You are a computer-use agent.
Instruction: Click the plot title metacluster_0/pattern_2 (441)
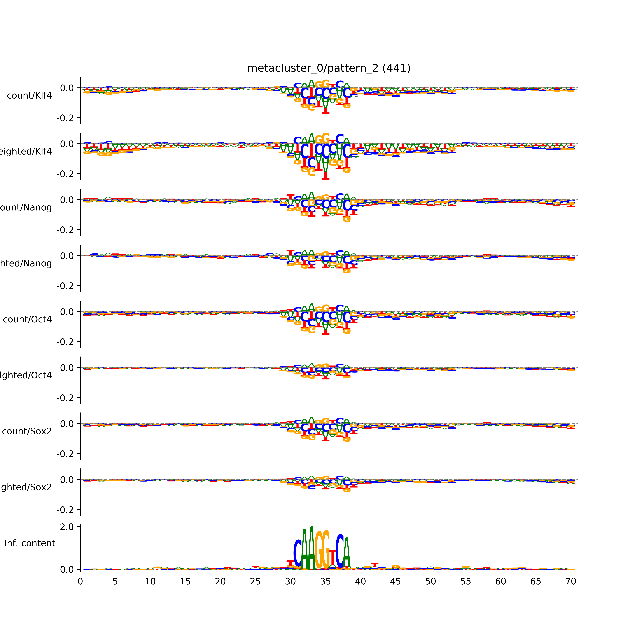coord(329,68)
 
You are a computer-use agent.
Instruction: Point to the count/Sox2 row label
coord(27,431)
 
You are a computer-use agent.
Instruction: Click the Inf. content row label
coord(30,543)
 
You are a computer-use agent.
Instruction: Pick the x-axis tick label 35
coord(325,582)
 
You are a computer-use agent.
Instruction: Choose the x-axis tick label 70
coord(571,582)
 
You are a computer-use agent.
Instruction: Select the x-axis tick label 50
coord(430,582)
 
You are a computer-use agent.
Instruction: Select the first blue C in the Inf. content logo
coord(298,553)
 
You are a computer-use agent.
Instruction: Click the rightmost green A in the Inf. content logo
coord(347,553)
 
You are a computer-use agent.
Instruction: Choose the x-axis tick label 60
coord(500,582)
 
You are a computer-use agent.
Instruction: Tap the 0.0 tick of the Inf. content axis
coord(67,570)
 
